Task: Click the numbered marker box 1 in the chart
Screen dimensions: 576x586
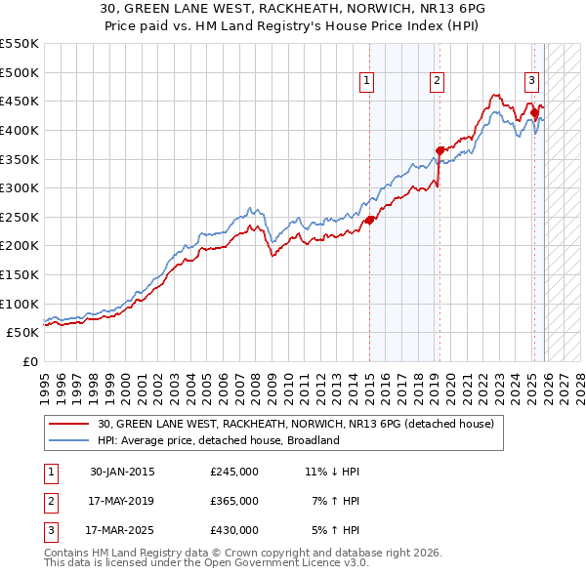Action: pos(366,81)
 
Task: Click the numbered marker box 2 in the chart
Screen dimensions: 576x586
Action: pos(437,81)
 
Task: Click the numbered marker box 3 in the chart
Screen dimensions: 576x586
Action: pos(531,81)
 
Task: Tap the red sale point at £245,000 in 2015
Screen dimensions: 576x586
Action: pos(370,220)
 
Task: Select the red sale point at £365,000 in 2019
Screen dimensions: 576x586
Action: pos(439,150)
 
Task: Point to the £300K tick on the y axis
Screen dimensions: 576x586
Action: pos(20,187)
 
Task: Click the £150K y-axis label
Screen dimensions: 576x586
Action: pos(20,274)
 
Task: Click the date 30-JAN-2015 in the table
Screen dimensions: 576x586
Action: pos(122,472)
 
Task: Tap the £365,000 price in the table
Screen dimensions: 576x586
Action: pos(233,501)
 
